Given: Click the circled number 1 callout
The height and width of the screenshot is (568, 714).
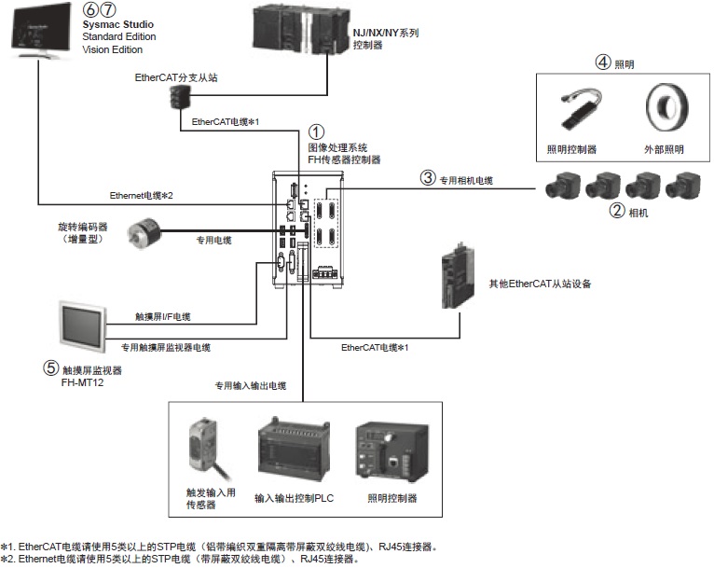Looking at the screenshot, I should click(317, 132).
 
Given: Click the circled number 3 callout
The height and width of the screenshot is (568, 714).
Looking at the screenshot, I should click(428, 177).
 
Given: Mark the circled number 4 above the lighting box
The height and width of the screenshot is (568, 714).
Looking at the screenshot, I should click(603, 63).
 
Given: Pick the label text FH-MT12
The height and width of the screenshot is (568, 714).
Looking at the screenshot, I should click(67, 382).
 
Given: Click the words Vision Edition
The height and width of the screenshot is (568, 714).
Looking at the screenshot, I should click(115, 50).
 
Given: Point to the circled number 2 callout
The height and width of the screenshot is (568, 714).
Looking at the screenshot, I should click(616, 211).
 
